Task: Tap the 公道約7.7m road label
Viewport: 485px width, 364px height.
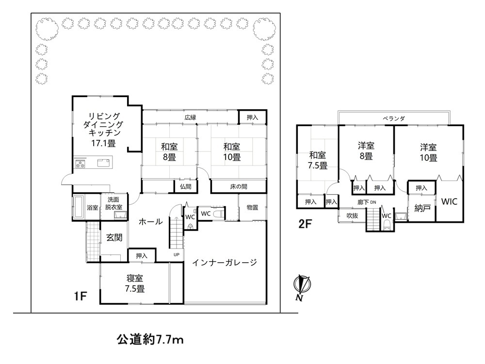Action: pos(150,340)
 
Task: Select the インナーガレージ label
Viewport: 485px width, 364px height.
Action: pos(225,263)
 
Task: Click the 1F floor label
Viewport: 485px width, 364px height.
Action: pos(80,296)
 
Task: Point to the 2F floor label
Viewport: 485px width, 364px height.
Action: pos(305,224)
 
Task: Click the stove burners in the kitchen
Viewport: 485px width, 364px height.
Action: pos(80,164)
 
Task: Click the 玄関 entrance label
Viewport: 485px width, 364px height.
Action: pos(114,238)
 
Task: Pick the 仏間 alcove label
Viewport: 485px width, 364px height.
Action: pos(186,187)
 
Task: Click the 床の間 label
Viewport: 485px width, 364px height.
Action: pos(239,187)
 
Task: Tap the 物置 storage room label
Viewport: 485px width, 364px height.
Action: pos(252,207)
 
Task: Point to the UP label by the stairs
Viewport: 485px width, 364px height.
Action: pos(177,255)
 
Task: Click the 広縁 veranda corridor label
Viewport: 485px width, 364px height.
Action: pos(190,117)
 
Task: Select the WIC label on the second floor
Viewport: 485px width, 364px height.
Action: pos(449,201)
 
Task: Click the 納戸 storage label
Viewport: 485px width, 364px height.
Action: pos(422,208)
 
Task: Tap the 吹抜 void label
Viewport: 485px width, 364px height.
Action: pos(352,215)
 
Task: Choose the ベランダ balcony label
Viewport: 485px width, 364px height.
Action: pos(394,118)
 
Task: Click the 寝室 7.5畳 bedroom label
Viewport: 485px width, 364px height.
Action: pos(135,283)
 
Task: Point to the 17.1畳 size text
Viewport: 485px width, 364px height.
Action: pos(103,143)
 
